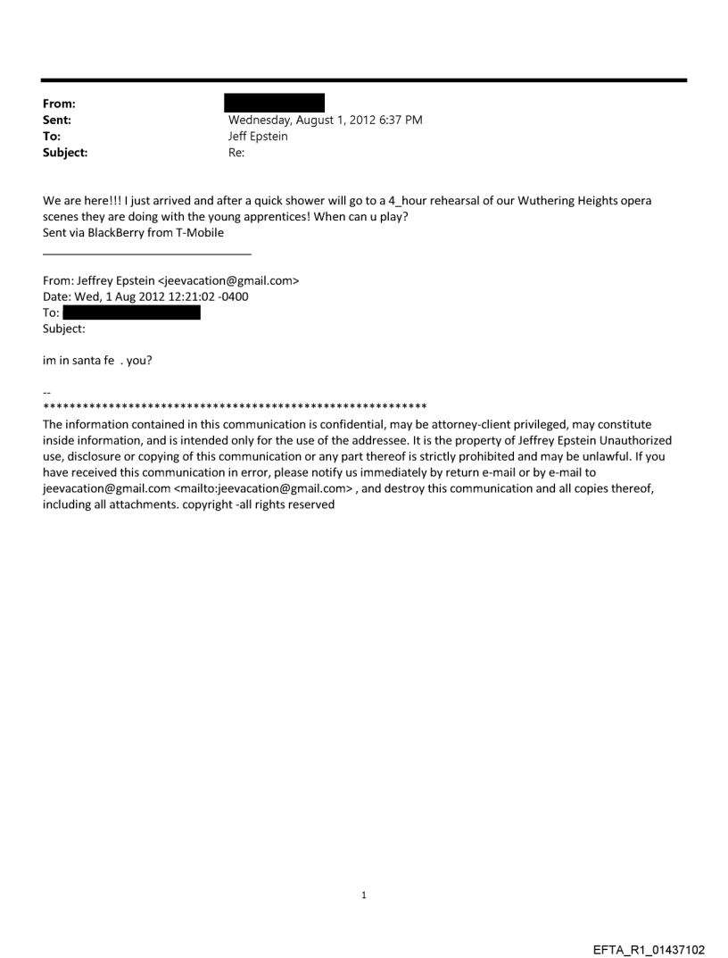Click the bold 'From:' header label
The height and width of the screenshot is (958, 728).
[x=59, y=104]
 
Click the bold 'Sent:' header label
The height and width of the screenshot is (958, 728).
[x=57, y=120]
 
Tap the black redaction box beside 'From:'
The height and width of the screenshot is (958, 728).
[x=274, y=103]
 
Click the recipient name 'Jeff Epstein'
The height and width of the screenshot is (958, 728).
[x=258, y=137]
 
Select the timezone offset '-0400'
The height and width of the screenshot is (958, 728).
[x=233, y=296]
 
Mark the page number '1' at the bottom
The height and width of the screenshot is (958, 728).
[x=364, y=895]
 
